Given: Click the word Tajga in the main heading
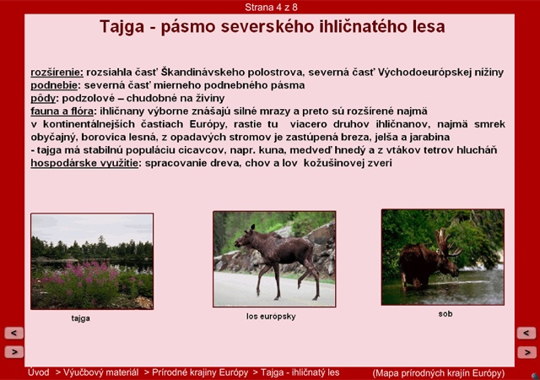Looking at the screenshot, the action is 121,27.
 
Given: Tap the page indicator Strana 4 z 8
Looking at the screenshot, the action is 271,8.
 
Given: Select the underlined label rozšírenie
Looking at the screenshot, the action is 57,73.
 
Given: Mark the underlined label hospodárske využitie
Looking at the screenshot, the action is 85,163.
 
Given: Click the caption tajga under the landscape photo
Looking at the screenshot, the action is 81,318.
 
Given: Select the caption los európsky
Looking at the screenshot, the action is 271,317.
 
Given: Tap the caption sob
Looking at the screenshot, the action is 445,314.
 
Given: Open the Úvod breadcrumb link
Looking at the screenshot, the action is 38,372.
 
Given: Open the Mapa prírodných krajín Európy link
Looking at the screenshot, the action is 439,373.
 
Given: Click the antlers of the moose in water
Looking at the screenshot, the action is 447,243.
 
